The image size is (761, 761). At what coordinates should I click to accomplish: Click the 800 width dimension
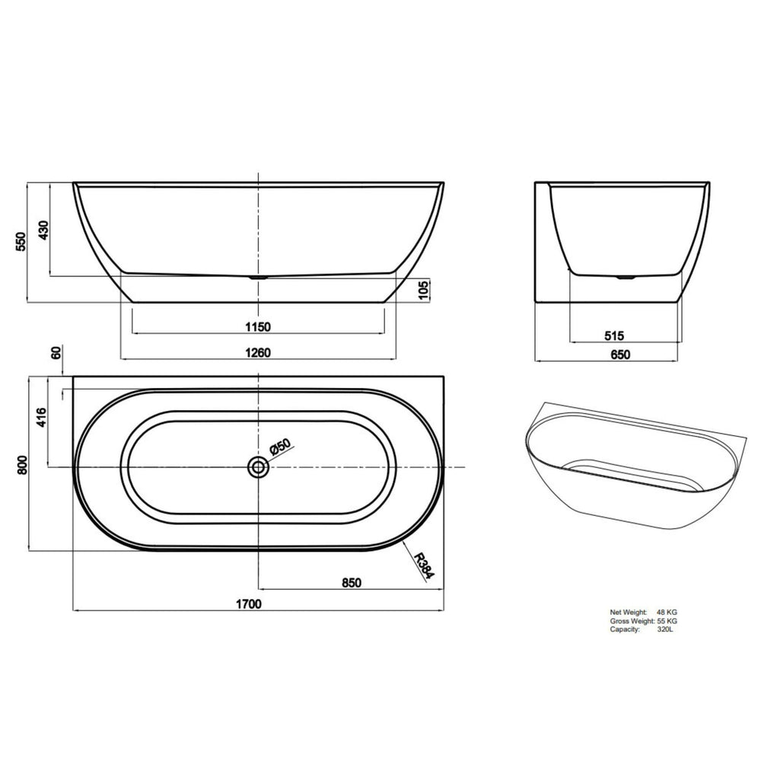[x=21, y=465]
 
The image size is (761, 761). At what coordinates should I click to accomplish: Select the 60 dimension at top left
[x=55, y=354]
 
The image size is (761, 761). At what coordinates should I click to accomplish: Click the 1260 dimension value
[x=260, y=352]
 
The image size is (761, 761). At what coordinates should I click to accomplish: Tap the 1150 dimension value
[x=259, y=328]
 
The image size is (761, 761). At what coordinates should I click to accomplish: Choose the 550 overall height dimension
[x=21, y=242]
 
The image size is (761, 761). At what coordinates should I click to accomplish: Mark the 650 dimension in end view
[x=620, y=354]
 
